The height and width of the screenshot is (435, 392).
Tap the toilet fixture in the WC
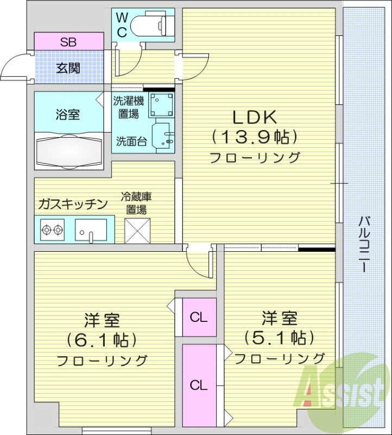153,24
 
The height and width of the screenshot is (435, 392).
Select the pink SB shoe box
68,41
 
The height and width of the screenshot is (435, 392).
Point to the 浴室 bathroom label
68,115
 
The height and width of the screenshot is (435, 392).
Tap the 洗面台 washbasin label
130,142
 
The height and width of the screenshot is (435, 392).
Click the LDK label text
255,116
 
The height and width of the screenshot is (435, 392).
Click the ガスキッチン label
72,204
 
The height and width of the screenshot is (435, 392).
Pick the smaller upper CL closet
199,317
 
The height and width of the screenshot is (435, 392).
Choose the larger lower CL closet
199,385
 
